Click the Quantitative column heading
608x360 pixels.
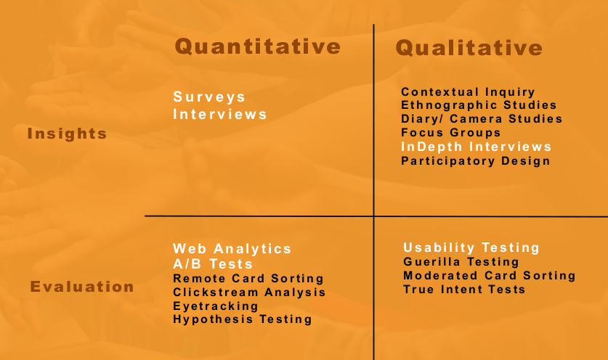click(x=257, y=46)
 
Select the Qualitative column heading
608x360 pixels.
click(x=469, y=48)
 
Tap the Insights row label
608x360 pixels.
click(x=67, y=134)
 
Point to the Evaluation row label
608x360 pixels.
click(x=82, y=287)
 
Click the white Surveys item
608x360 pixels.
click(x=209, y=97)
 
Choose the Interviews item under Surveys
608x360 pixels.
click(x=220, y=115)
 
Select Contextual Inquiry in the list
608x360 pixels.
click(x=468, y=92)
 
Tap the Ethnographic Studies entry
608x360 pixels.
click(x=479, y=105)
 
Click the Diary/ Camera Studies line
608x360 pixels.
click(x=482, y=118)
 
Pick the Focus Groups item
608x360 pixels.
click(x=451, y=133)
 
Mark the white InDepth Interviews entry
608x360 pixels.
click(x=477, y=147)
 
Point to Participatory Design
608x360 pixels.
click(x=475, y=161)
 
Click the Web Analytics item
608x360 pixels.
click(x=232, y=249)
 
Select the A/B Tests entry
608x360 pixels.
click(x=213, y=264)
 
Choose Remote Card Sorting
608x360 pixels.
click(x=248, y=278)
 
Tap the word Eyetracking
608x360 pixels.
click(x=216, y=306)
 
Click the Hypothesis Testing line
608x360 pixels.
click(x=243, y=319)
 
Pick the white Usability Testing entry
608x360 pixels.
click(x=471, y=247)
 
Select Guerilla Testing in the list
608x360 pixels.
click(x=461, y=262)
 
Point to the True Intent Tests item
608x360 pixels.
click(x=464, y=290)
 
